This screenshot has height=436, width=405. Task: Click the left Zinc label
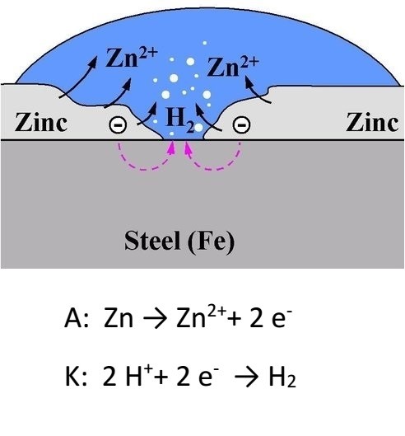41,122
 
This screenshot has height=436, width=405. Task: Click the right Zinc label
372,122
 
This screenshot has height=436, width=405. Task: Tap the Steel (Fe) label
179,241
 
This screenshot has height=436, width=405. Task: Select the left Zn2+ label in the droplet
132,58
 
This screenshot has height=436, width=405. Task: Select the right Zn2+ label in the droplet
233,67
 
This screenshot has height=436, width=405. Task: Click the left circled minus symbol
118,124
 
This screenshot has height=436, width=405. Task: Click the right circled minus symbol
241,124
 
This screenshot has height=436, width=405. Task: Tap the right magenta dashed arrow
214,168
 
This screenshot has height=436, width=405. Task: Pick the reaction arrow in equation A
155,319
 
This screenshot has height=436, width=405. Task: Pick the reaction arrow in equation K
246,377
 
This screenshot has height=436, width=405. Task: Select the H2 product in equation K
282,377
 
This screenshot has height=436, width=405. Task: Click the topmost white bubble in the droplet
205,43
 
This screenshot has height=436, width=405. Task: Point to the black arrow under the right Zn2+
257,91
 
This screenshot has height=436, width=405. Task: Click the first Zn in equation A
118,318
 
